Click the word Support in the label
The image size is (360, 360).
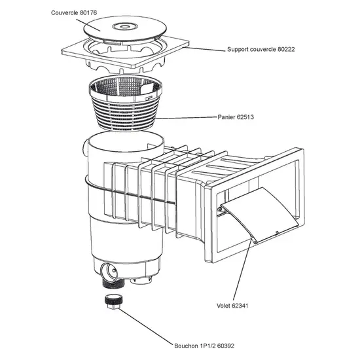(240, 50)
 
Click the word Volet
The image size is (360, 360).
(225, 305)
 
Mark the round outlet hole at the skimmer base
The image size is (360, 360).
(109, 269)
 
